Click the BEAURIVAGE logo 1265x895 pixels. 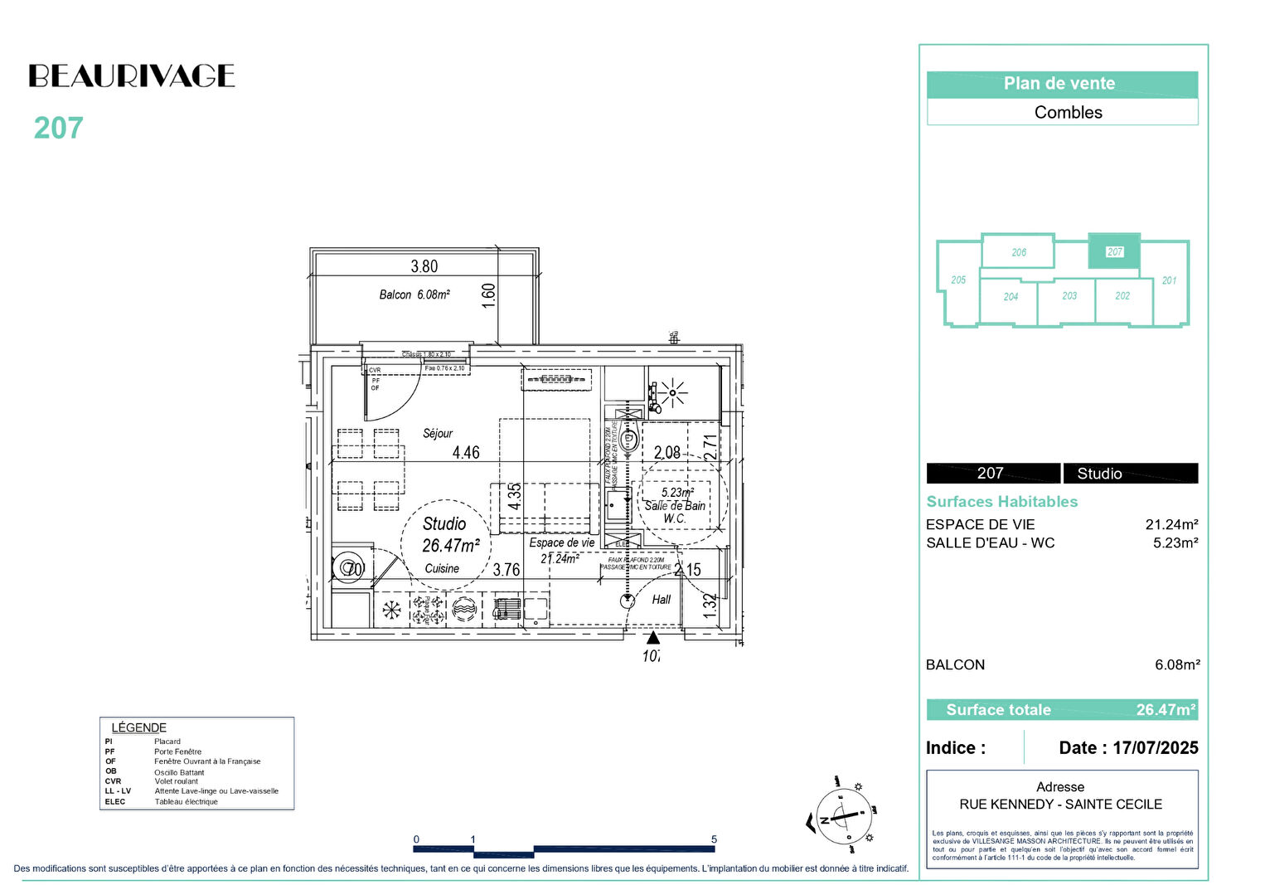coord(132,76)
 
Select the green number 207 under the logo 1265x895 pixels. coord(58,129)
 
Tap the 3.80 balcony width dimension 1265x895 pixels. coord(424,266)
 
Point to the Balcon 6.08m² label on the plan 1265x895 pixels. coord(414,294)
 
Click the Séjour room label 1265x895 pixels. coord(438,433)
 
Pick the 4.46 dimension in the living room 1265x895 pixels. coord(465,452)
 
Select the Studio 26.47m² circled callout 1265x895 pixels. coord(447,536)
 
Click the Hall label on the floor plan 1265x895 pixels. coord(661,599)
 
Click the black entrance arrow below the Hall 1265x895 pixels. coord(653,638)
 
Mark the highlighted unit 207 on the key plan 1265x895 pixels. coord(1114,251)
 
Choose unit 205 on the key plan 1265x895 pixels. coord(958,280)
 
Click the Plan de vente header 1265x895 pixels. coord(1061,84)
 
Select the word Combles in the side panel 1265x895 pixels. coord(1068,112)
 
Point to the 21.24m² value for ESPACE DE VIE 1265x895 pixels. coord(1170,524)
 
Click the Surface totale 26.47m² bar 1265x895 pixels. coord(1061,710)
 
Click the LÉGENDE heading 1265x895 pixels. coord(138,727)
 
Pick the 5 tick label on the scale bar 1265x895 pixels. coord(714,839)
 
